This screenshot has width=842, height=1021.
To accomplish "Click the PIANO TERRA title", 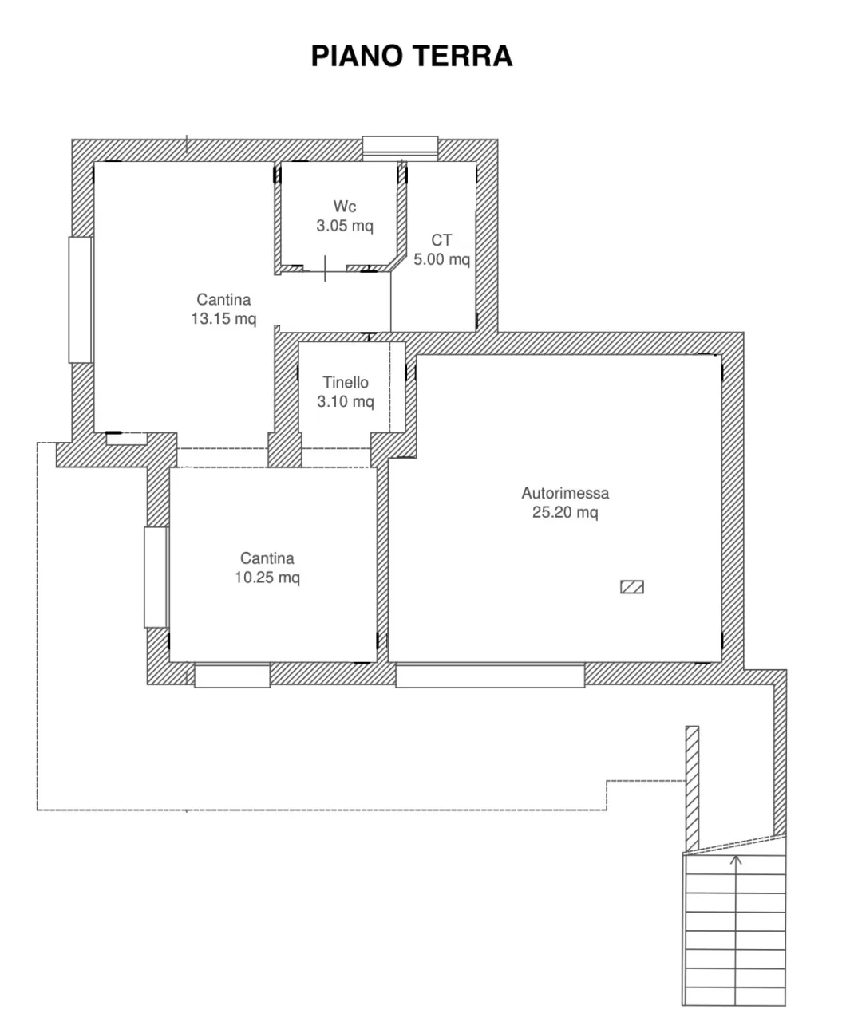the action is (412, 56).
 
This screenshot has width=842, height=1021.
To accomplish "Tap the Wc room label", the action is (345, 207).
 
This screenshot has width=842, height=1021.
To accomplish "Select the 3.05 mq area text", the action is (345, 226).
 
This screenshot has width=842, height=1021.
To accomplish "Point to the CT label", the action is (441, 240).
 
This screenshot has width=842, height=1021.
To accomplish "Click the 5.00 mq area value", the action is (441, 259).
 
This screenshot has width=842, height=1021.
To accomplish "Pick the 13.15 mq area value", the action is (223, 318).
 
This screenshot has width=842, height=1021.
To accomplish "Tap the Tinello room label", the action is (346, 382).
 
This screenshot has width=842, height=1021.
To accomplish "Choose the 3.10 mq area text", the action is (346, 401).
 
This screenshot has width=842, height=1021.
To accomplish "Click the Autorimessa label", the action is (565, 493).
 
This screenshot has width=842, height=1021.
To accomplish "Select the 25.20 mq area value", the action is (565, 512).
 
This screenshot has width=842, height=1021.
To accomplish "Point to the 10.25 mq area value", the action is (267, 578).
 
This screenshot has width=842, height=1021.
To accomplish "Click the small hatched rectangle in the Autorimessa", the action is (631, 587).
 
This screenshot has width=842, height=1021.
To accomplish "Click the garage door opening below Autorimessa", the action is (490, 676).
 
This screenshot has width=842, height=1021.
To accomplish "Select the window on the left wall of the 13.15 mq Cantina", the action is (81, 300).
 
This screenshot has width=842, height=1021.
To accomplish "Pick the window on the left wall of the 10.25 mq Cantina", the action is (156, 577).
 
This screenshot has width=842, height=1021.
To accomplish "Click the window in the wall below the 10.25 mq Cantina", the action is (232, 676).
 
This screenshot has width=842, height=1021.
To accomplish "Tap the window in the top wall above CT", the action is (400, 148).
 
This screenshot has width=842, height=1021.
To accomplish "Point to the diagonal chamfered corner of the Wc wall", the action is (397, 262).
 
